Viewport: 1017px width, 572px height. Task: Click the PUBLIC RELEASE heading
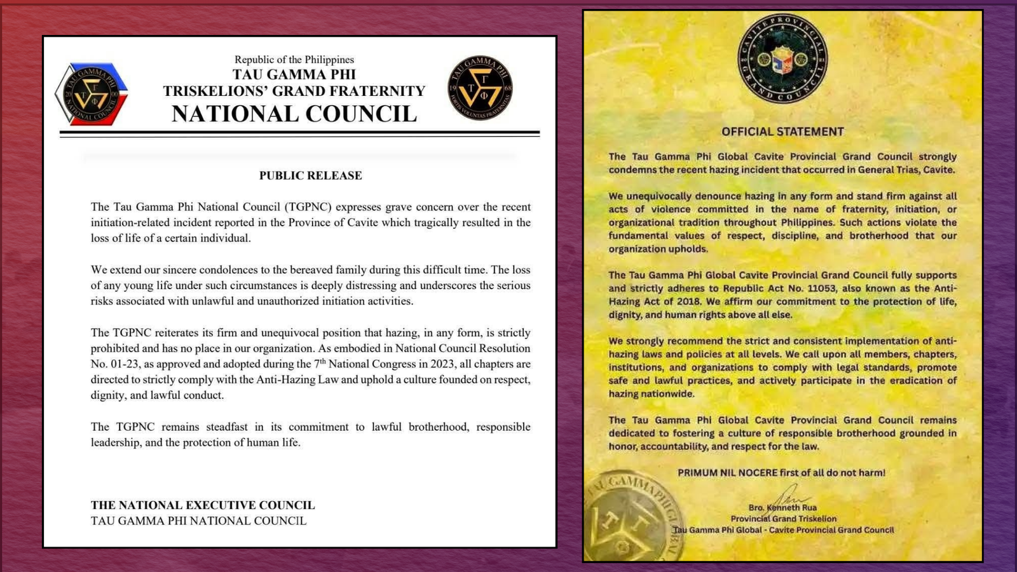point(310,175)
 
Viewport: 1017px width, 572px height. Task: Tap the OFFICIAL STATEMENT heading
point(782,132)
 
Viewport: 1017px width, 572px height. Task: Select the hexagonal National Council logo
point(91,93)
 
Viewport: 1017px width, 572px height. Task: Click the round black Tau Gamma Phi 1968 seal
point(480,88)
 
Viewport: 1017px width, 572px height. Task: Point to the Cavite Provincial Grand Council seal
point(782,58)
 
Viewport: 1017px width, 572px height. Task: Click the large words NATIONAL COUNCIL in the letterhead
point(294,114)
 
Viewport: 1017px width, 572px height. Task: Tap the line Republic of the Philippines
point(294,59)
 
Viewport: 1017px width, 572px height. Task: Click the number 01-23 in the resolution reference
point(123,364)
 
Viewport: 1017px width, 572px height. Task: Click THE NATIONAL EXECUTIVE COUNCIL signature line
point(203,505)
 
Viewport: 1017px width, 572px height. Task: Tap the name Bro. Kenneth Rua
point(782,507)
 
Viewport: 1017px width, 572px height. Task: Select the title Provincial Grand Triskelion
point(783,519)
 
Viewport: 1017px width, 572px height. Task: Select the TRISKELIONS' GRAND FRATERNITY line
point(294,91)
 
